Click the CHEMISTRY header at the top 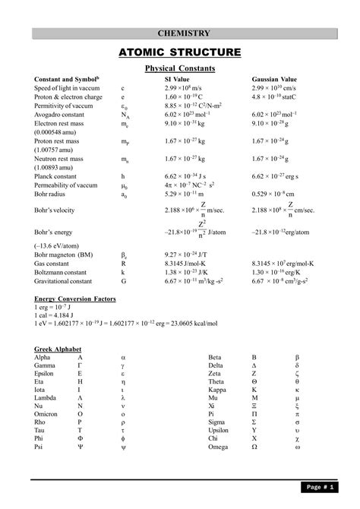tap(183, 33)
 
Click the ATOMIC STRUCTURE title tap(179, 52)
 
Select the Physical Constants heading tap(180, 69)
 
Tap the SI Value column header tap(177, 80)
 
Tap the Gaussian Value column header tap(275, 80)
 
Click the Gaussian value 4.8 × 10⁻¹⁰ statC tap(276, 97)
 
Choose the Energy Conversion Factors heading tap(75, 299)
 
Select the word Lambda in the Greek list tap(46, 397)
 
